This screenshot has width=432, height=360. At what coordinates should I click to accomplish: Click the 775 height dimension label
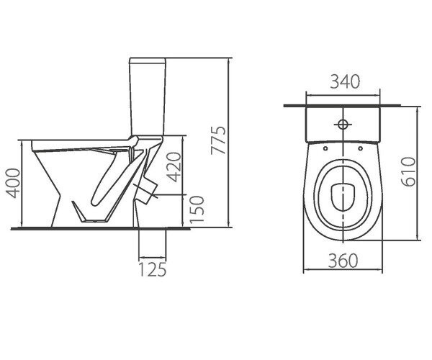coord(218,140)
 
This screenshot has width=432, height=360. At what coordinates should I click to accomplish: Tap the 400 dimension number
coord(13,183)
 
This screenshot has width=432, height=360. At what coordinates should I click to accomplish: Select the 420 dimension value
coord(174,167)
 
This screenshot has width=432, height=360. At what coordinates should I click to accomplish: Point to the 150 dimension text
coord(197,210)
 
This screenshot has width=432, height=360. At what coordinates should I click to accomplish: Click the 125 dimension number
coord(153,269)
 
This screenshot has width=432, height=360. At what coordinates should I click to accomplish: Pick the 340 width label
coord(345,81)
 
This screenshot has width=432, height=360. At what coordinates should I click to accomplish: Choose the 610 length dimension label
coord(408,172)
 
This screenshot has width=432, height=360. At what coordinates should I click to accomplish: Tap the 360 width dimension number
coord(343,261)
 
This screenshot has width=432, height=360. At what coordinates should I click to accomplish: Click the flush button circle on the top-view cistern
coord(343,125)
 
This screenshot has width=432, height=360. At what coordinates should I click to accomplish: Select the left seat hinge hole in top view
coord(325,148)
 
